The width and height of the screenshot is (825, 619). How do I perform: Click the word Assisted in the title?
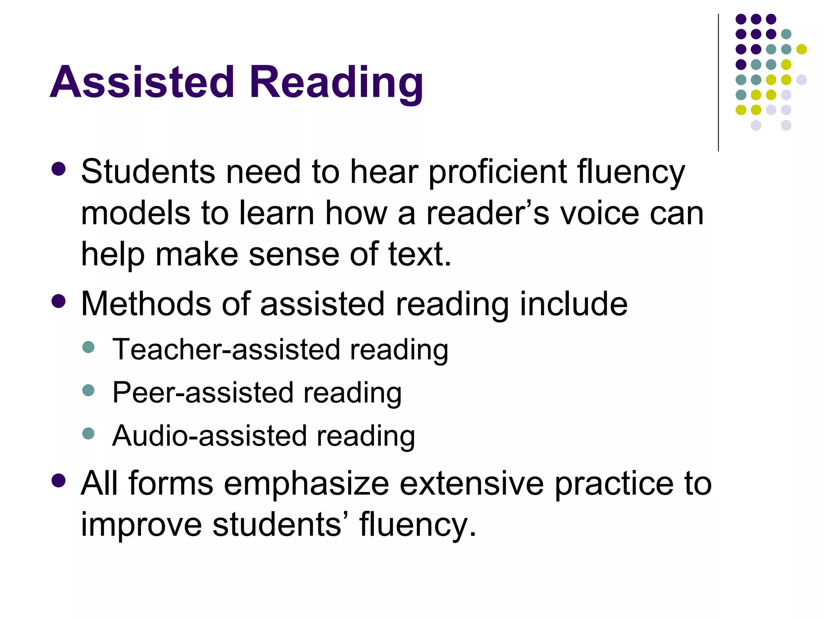click(142, 82)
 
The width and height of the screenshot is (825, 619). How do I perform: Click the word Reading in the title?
click(336, 82)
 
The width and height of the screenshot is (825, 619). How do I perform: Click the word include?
click(574, 304)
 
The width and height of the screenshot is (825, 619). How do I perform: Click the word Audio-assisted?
click(209, 436)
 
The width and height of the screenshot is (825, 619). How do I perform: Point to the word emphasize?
click(306, 484)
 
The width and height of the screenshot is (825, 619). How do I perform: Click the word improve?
click(141, 526)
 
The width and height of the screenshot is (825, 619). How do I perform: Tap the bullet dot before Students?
click(59, 169)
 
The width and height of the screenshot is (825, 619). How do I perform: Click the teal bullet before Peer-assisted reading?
click(88, 390)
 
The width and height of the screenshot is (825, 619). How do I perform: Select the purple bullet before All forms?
click(59, 480)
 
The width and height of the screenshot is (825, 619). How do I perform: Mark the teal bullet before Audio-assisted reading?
click(88, 433)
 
